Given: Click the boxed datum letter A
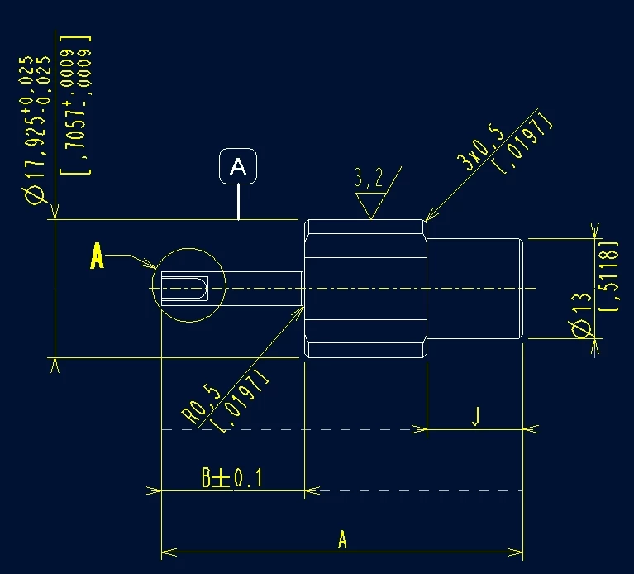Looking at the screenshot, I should [238, 167].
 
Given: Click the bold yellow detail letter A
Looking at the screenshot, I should [98, 257].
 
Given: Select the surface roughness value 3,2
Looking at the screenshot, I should [369, 178].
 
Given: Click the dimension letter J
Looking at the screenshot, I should [476, 415].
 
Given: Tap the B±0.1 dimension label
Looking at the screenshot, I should [231, 478].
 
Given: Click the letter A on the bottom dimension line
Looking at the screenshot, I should [342, 541].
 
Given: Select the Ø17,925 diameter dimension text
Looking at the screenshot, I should [35, 128].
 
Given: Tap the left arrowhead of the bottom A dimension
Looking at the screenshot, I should [166, 552].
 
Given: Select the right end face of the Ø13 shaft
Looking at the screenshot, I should [522, 287].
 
